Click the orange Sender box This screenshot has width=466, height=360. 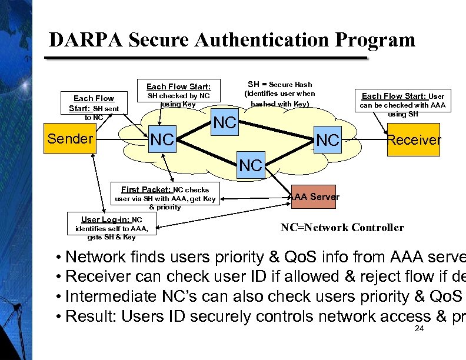70,139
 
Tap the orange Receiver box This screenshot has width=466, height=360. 413,139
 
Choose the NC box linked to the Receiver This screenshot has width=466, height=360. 327,140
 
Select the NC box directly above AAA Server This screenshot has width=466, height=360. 251,166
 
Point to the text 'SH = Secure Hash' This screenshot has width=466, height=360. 279,84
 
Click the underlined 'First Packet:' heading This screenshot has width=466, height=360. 146,189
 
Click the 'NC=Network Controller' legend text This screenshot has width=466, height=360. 342,228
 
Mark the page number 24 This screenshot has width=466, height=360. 419,328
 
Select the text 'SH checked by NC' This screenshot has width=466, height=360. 178,95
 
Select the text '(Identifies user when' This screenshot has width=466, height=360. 279,94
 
